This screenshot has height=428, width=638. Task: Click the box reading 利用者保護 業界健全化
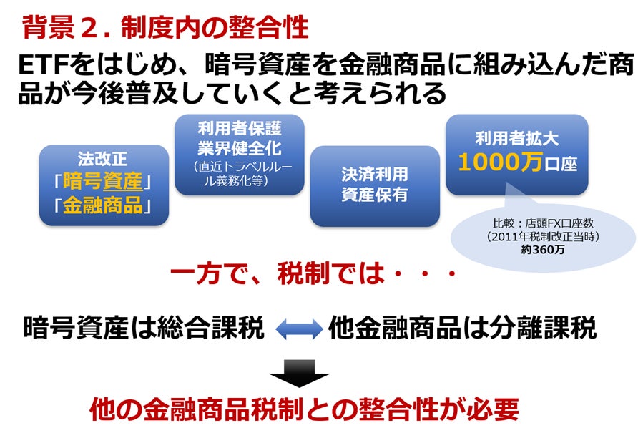click(239, 154)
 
